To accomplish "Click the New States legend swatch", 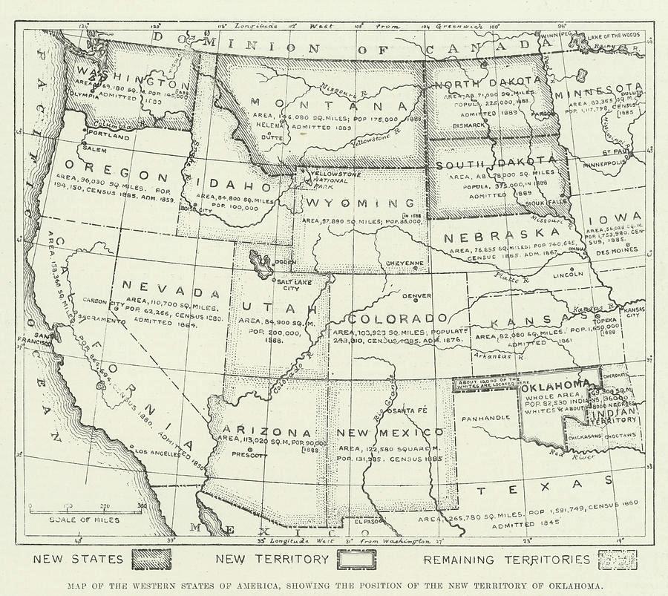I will tap(151, 559).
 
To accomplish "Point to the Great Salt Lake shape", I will tap(261, 262).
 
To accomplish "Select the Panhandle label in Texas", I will tap(485, 417).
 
